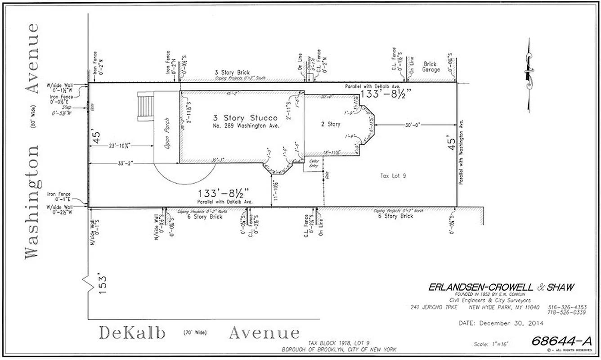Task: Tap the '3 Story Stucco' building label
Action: coord(245,118)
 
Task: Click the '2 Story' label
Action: coord(330,124)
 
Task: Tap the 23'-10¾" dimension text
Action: coord(120,145)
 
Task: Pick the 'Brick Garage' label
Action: coord(430,67)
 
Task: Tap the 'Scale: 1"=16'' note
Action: coord(491,344)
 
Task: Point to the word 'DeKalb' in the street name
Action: coord(132,333)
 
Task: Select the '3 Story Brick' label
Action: coord(232,72)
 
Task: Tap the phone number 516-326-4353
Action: coord(567,307)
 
